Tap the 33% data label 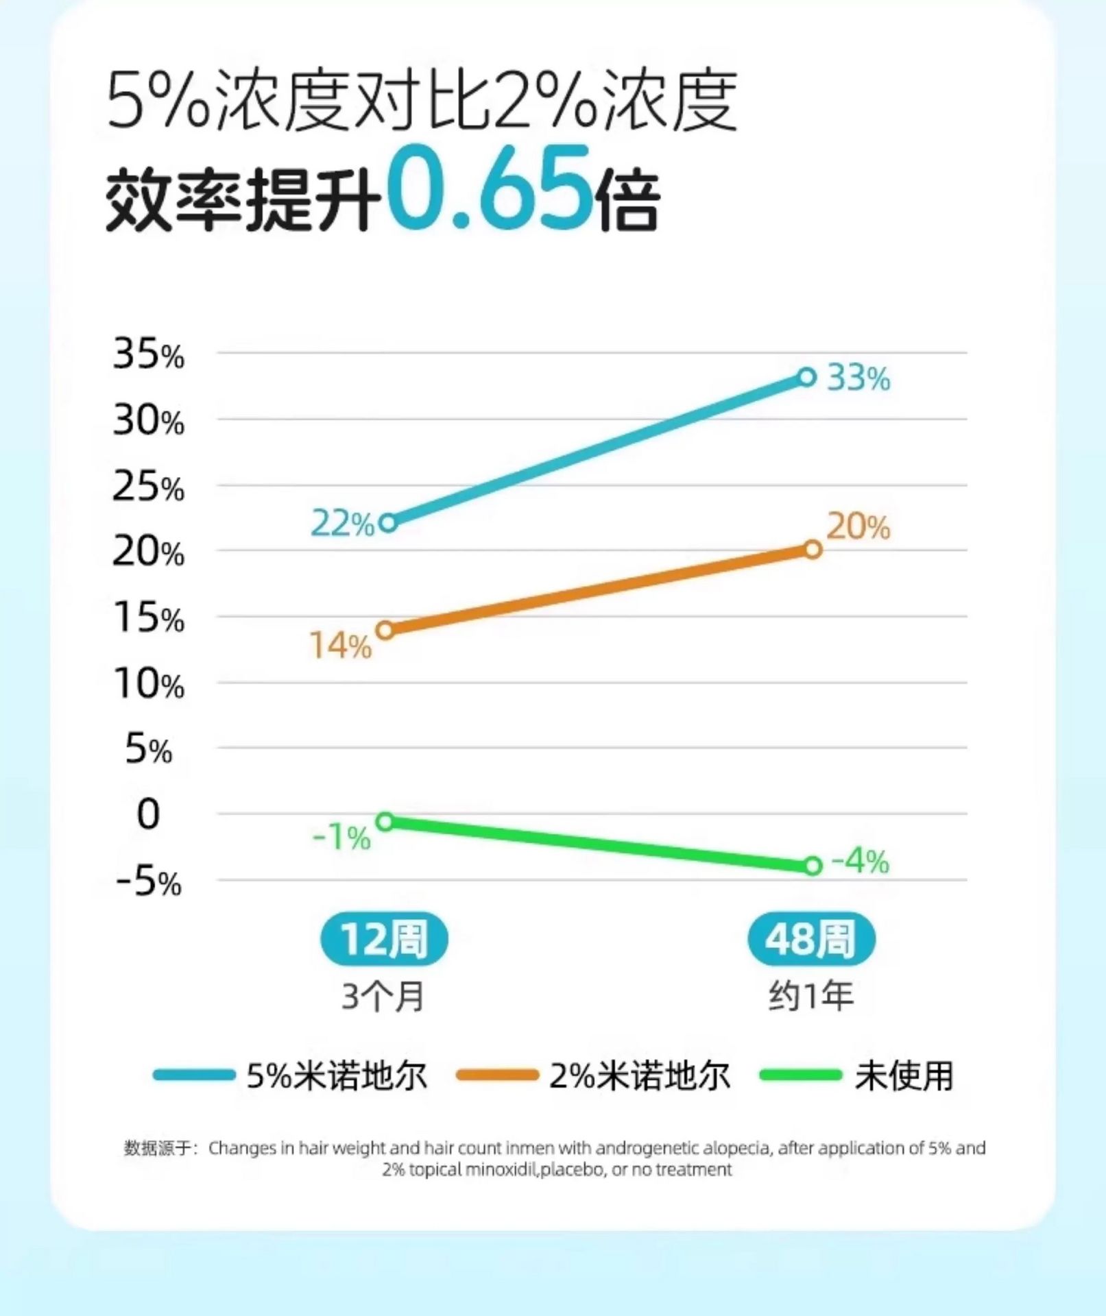858,378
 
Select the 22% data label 343,524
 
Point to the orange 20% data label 858,527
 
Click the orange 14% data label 341,646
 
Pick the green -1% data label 341,837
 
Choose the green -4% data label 860,862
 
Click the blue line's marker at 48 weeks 807,377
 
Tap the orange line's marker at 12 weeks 386,630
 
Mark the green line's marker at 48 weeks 813,866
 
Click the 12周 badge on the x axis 384,939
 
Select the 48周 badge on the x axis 811,939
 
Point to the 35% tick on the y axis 148,355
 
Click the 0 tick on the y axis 148,815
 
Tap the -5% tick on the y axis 148,882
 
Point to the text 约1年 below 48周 811,996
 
